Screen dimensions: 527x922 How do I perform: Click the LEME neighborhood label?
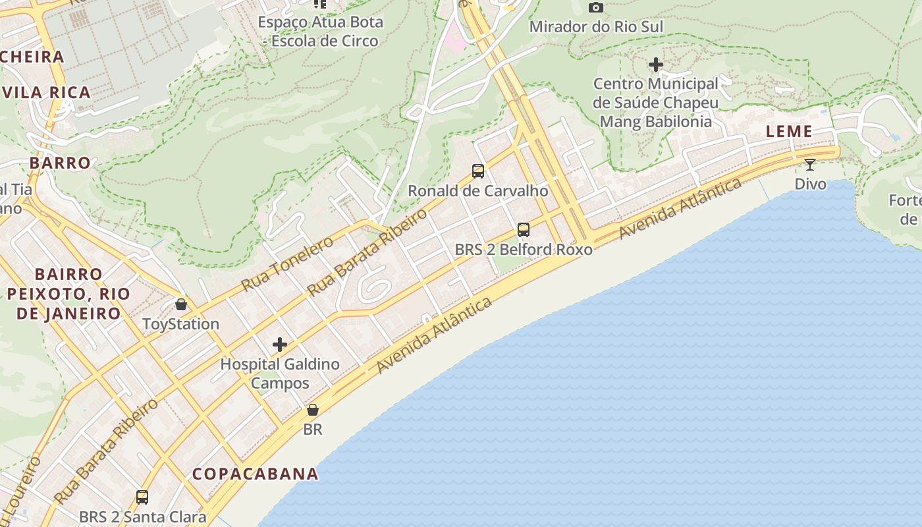coord(789,131)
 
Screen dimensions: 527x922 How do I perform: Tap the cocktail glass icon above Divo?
coord(810,165)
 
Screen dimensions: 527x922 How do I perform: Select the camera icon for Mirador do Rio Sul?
coord(596,8)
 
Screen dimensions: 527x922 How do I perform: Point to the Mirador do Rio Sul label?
coord(596,27)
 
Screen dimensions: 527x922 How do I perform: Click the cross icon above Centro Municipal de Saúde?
coord(655,65)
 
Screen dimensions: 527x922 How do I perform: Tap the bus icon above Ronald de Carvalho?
coord(478,171)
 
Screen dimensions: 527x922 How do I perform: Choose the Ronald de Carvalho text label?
coord(478,191)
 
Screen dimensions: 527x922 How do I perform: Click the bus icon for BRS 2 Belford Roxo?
coord(524,230)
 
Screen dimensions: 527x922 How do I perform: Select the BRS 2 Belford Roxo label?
coord(524,250)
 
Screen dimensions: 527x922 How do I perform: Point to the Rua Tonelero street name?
coord(287,263)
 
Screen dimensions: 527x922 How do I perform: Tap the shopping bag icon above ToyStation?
coord(181,304)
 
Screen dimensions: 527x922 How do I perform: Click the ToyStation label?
coord(181,324)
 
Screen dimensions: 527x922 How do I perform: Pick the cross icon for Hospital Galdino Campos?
coord(280,344)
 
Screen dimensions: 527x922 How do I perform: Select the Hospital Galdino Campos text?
coord(280,374)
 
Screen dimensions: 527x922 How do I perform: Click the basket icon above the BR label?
coord(313,410)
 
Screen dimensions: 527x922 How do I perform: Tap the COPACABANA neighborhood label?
coord(256,474)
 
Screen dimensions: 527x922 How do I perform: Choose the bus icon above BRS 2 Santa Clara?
coord(142,497)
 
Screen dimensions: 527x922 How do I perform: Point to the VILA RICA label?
coord(46,92)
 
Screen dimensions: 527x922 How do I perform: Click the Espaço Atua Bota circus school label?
coord(320,31)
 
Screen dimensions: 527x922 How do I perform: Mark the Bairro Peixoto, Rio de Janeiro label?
coord(68,293)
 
